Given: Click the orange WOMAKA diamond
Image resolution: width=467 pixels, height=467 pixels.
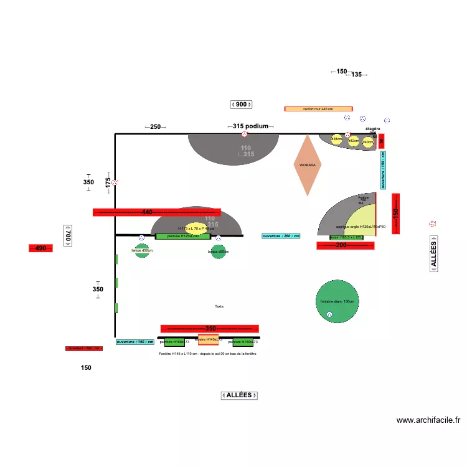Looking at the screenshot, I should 308,165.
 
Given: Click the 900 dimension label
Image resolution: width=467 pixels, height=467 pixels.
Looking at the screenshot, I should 241,105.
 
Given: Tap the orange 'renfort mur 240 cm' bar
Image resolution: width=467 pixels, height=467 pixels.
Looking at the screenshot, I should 318,109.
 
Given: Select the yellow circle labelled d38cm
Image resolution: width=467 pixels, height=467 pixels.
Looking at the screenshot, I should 336,139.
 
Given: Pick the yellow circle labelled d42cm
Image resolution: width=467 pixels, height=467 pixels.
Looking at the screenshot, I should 353,141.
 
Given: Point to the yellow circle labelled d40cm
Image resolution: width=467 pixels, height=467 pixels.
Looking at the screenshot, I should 368,142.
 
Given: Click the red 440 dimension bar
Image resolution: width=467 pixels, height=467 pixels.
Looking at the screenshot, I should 156,212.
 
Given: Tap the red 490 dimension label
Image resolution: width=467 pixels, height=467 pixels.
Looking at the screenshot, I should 40,248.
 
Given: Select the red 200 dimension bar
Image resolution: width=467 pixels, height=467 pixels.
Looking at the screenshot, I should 345,246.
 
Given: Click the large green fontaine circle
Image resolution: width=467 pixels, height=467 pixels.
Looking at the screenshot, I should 337,301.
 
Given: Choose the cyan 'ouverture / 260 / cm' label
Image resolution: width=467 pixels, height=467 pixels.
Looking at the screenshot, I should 281,236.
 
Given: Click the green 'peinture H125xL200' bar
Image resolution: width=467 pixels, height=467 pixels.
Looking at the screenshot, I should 182,237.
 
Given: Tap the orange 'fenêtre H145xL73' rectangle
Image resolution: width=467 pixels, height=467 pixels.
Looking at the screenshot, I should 208,340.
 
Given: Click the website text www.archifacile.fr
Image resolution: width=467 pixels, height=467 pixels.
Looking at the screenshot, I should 428,420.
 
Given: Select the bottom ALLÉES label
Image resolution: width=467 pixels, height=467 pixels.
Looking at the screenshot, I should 239,395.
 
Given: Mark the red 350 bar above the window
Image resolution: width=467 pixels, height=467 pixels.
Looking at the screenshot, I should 209,329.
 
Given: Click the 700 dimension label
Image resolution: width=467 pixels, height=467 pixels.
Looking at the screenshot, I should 68,235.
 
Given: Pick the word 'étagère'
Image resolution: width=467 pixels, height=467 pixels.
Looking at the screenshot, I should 372,129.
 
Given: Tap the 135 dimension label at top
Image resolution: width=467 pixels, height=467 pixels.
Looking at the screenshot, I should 356,75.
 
